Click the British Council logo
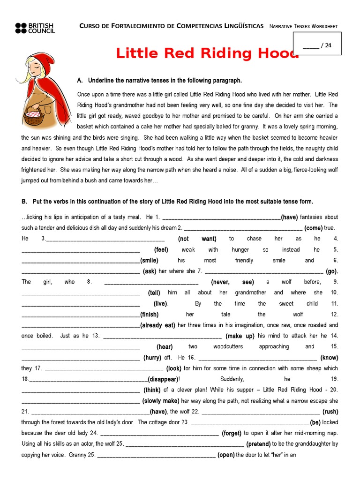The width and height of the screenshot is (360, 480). [x=35, y=28]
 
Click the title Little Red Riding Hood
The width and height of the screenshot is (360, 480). [x=207, y=53]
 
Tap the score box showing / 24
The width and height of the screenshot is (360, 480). [x=317, y=45]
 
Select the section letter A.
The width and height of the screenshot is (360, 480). [x=80, y=80]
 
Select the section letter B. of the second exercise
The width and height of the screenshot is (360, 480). [x=24, y=202]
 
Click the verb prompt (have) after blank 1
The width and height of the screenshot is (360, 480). [x=289, y=217]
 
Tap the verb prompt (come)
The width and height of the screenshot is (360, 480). [x=313, y=228]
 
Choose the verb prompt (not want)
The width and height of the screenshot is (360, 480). [x=197, y=239]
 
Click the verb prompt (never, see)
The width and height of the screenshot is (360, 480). [x=232, y=282]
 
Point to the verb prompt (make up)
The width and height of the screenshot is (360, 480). [x=240, y=336]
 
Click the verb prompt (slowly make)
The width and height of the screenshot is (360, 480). [x=161, y=401]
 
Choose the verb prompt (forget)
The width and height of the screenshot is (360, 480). [x=232, y=433]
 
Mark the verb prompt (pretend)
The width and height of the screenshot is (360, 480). [x=258, y=444]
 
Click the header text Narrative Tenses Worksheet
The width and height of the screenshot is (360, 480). [x=304, y=26]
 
